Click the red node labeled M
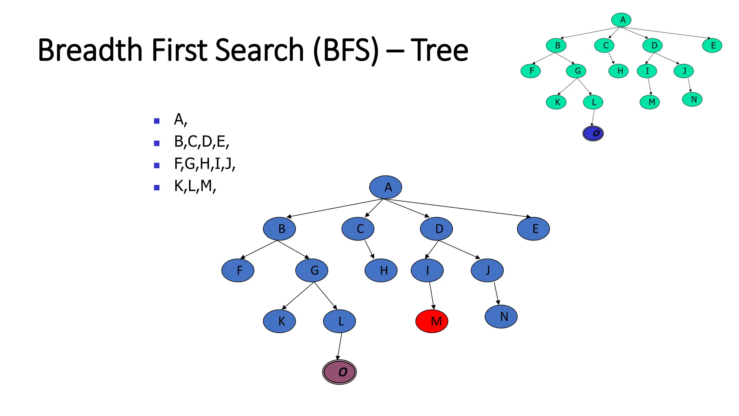tap(432, 321)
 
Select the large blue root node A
tap(385, 187)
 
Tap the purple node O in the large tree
tap(339, 372)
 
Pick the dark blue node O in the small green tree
tap(593, 133)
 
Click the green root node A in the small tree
tap(621, 20)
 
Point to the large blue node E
tap(533, 229)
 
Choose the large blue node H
tap(381, 270)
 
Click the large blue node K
tap(279, 321)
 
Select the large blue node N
tap(501, 317)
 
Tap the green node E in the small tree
tap(712, 45)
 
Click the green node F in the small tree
tap(530, 71)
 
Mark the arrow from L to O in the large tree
tap(339, 346)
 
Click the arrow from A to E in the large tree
tap(458, 208)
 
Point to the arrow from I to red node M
tap(432, 295)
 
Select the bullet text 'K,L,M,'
tap(195, 186)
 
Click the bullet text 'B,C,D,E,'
tap(201, 142)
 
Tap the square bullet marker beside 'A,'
tap(157, 121)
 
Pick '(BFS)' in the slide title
tap(346, 51)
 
